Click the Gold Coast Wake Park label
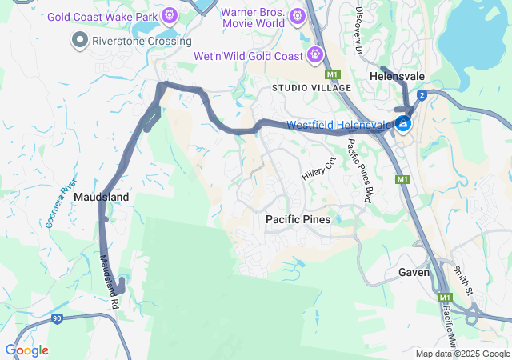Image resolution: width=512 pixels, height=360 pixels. coord(103,16)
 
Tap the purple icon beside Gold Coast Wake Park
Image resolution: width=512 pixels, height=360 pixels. coord(169,15)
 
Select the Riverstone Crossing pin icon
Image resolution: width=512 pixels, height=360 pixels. coord(79,39)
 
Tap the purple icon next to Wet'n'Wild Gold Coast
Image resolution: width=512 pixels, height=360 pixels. coord(315,55)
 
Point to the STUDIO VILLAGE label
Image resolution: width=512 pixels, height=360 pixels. coord(311,87)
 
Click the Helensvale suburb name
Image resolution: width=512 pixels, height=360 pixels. coord(397,76)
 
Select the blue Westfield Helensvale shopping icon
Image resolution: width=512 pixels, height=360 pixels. coord(403,124)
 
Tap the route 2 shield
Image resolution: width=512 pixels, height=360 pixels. coord(422,94)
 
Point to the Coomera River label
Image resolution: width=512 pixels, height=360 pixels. coord(61,203)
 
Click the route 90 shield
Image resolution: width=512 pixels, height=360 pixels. coord(56,319)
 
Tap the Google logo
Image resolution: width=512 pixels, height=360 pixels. coord(26,350)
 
